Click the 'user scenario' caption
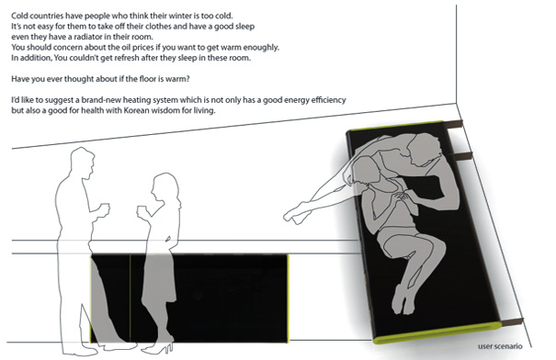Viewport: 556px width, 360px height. point(500,346)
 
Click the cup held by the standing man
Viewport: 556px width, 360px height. point(105,208)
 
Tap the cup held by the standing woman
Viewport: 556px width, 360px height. point(142,211)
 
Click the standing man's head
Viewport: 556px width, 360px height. point(82,163)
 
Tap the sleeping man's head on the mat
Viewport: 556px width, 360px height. point(422,151)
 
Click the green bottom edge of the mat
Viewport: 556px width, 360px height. point(437,333)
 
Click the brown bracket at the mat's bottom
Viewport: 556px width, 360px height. point(512,321)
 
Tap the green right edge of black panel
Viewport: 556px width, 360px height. point(288,298)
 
